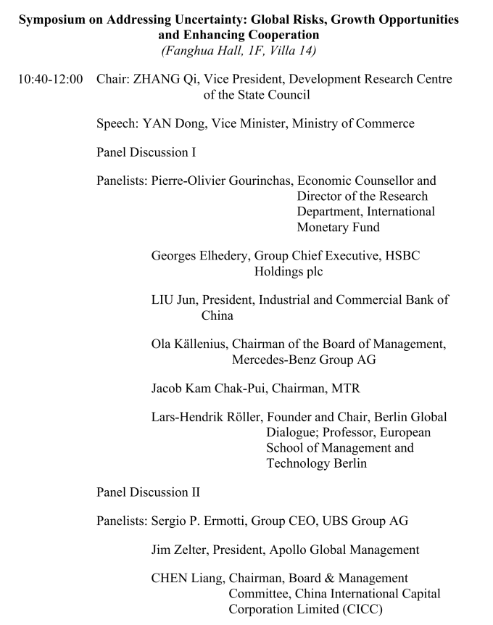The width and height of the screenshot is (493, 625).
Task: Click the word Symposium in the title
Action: pyautogui.click(x=50, y=20)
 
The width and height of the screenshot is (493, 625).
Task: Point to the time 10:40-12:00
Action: pyautogui.click(x=50, y=78)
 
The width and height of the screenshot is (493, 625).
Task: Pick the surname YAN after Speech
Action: pyautogui.click(x=157, y=123)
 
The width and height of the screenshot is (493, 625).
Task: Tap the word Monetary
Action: pyautogui.click(x=323, y=227)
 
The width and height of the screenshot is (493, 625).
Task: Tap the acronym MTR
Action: pyautogui.click(x=345, y=389)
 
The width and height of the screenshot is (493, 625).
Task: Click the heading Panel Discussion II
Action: pyautogui.click(x=148, y=492)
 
